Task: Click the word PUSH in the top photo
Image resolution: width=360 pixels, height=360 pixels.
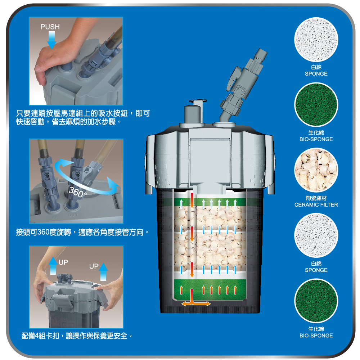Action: pos(50,27)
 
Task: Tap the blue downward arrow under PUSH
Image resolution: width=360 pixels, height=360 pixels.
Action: pos(51,40)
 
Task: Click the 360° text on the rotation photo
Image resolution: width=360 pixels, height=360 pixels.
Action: pos(78,192)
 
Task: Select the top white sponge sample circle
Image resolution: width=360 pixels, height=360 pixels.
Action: pos(316,40)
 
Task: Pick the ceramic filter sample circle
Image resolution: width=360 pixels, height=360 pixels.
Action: pos(316,170)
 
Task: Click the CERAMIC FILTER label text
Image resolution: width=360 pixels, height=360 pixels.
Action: pos(316,204)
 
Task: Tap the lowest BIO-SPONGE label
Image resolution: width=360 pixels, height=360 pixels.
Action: pos(316,336)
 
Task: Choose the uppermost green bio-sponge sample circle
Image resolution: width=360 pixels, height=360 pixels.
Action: pos(316,105)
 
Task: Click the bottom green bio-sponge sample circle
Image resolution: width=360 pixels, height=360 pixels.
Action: pos(316,301)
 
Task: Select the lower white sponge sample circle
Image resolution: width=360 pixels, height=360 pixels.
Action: pos(316,235)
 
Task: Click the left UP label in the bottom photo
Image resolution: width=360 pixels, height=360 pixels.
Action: pos(63,262)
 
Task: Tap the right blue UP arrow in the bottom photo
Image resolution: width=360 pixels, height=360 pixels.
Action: pos(103,271)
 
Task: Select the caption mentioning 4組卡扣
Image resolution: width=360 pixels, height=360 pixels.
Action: pos(77,336)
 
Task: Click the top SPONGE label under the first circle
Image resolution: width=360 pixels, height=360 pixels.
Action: pos(316,74)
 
